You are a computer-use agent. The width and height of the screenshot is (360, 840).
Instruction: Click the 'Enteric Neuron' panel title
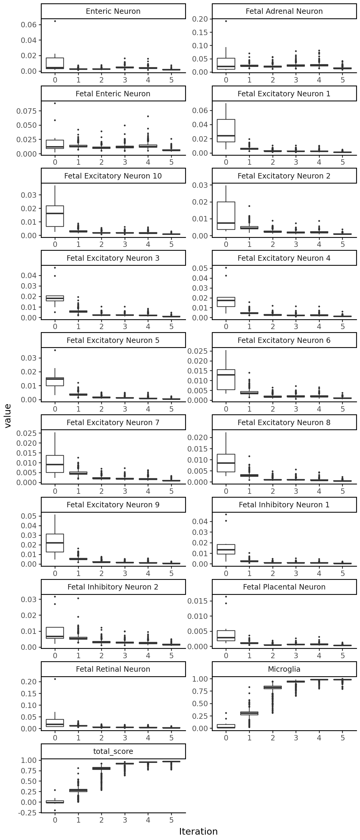click(113, 11)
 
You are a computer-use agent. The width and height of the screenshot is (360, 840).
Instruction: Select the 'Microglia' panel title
click(284, 669)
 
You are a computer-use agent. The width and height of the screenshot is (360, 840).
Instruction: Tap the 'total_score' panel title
click(113, 751)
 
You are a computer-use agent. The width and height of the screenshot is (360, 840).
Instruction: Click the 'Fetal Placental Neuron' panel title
click(284, 587)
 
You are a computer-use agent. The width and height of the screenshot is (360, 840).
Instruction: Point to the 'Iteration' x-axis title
click(198, 831)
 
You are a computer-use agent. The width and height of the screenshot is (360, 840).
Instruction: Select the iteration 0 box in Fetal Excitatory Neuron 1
click(226, 131)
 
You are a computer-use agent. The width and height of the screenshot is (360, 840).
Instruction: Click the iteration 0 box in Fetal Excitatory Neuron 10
click(55, 216)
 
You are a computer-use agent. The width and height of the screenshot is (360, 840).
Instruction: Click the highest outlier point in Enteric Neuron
click(55, 21)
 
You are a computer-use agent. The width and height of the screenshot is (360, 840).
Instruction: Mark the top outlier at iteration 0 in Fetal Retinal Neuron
click(55, 679)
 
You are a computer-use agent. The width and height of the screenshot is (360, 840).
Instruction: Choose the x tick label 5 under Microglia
click(342, 738)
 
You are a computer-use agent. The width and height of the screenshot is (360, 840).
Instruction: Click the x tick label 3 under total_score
click(125, 820)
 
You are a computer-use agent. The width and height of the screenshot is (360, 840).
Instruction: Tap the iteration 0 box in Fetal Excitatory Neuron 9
click(55, 543)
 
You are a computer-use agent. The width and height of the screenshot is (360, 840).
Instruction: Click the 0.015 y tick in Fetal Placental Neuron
click(197, 601)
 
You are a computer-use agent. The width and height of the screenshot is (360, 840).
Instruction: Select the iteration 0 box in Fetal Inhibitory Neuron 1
click(226, 549)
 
